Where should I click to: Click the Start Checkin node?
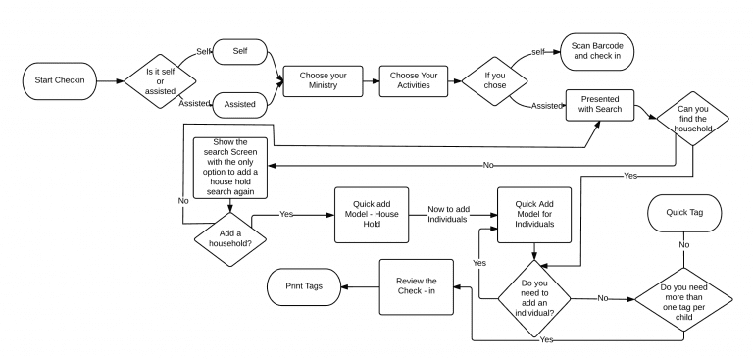click(60, 80)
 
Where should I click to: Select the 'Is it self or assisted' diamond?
click(159, 80)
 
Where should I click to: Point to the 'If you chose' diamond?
click(496, 80)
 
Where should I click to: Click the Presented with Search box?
click(599, 105)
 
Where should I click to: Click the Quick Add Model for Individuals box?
click(534, 215)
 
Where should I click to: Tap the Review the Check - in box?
click(417, 286)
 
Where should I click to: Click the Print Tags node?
click(305, 286)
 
